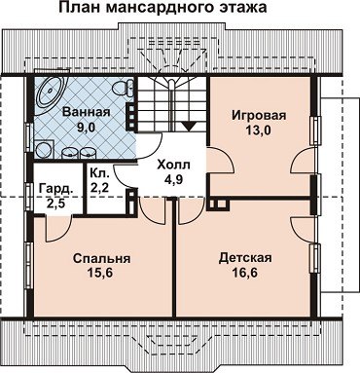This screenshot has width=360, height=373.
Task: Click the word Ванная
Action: [x=87, y=112]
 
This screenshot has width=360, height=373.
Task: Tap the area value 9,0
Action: [x=86, y=127]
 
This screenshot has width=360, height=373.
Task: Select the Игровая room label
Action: [x=259, y=116]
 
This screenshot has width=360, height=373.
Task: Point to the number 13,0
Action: [x=259, y=131]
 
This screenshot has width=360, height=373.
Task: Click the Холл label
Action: [x=173, y=165]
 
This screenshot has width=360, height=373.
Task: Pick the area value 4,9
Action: [x=173, y=179]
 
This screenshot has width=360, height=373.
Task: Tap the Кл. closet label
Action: [x=99, y=173]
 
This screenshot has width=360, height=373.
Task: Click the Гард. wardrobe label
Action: [x=55, y=189]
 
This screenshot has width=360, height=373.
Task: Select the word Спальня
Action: [x=101, y=259]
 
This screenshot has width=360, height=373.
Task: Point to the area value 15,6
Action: [x=99, y=273]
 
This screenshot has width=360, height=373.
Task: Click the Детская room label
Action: [x=245, y=258]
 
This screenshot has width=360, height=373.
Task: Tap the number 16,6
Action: [x=244, y=273]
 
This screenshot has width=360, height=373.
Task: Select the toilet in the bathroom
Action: [x=124, y=88]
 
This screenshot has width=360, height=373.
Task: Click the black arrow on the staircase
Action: [x=189, y=126]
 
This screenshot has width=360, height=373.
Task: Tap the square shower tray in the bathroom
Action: [x=44, y=149]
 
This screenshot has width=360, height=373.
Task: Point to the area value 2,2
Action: [x=99, y=188]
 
